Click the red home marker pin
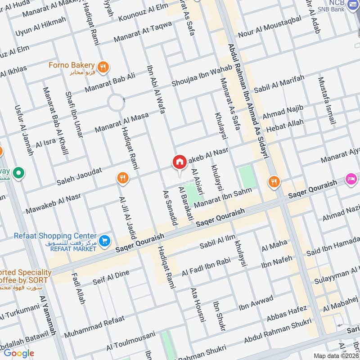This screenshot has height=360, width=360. (179, 162)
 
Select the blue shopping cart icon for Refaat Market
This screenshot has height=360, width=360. (104, 241)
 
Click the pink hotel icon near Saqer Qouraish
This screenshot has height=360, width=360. (351, 179)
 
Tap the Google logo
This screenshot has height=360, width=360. (18, 353)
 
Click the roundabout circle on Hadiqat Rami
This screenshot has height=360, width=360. (116, 103)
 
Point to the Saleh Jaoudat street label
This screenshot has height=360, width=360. (79, 176)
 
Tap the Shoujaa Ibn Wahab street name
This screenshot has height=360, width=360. (202, 76)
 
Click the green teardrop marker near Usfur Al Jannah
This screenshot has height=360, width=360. (18, 172)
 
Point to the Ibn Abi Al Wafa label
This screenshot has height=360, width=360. (156, 89)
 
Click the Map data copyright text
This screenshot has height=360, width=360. (335, 355)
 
